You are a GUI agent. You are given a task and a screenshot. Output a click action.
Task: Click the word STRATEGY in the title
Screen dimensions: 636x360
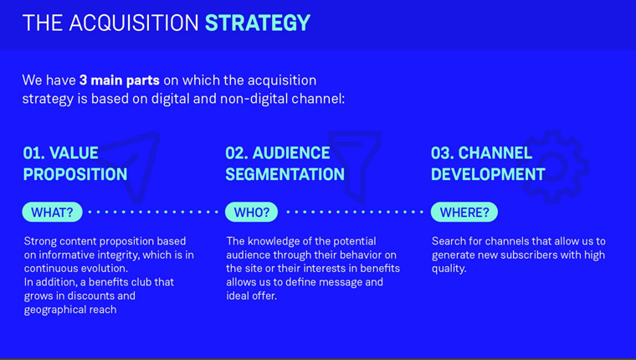258,23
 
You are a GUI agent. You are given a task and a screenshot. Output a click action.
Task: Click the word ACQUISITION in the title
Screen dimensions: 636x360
134,23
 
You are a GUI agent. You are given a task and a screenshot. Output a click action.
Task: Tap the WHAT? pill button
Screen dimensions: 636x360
53,213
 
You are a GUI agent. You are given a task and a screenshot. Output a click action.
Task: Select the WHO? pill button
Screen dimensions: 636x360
252,213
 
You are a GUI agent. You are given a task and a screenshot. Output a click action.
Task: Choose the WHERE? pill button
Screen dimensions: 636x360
464,213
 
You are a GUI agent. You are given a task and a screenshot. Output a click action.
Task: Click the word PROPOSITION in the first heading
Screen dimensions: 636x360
75,174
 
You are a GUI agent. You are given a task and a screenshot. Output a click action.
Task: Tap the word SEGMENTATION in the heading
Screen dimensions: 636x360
285,174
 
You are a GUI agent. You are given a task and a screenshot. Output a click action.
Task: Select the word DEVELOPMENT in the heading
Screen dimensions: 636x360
489,174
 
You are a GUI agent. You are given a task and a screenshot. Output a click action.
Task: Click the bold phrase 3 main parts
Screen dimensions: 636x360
120,80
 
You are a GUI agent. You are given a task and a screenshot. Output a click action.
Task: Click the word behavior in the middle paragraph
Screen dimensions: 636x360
358,255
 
